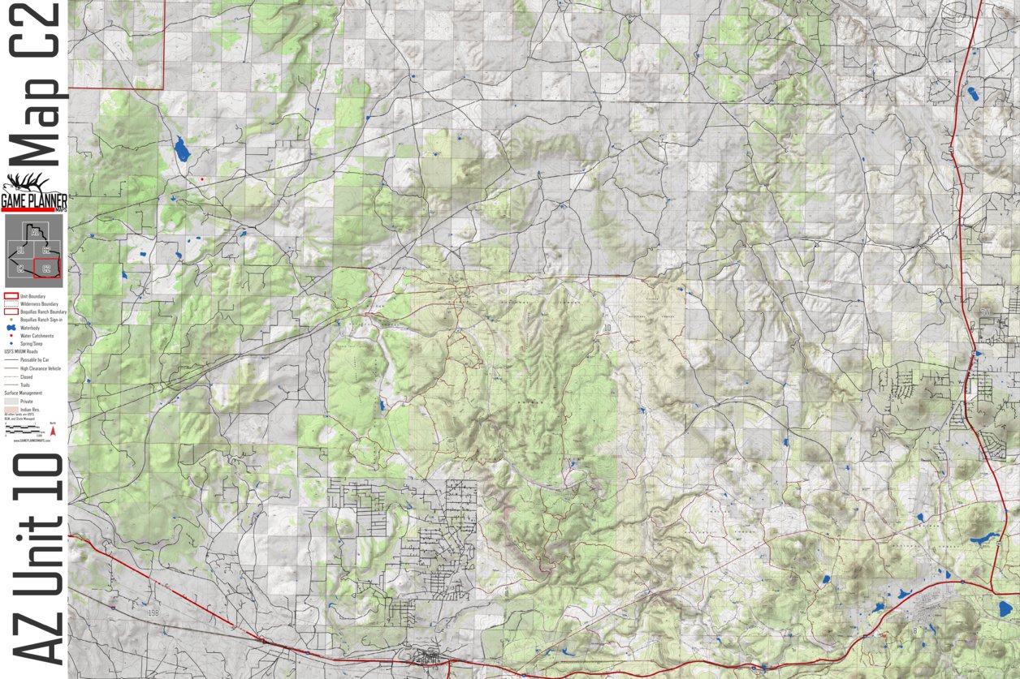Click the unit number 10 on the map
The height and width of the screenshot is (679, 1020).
607,328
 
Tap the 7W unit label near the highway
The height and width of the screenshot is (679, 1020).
985,312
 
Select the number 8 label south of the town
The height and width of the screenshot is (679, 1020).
915,630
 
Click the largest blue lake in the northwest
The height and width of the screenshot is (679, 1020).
180,149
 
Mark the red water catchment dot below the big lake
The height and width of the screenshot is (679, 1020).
201,179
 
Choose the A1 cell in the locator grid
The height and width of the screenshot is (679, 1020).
35,232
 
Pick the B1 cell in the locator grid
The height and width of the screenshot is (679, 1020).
20,250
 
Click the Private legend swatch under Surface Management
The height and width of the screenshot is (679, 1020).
12,402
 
